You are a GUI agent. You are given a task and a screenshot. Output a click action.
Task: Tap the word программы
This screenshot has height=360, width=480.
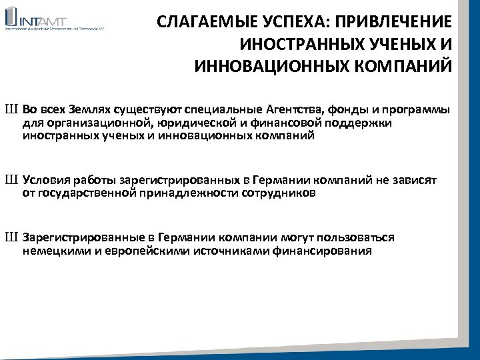tap(417, 110)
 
